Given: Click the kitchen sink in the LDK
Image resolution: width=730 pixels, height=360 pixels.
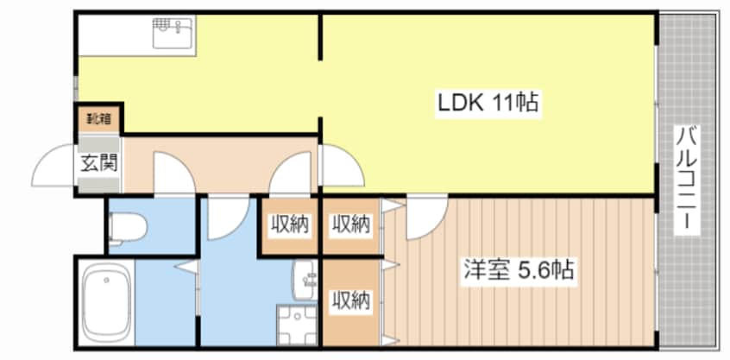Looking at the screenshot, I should coord(173,34).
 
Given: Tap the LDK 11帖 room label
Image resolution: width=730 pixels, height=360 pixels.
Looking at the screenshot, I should coord(488,104).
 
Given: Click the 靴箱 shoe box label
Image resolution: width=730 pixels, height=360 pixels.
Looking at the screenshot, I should coord(96,117).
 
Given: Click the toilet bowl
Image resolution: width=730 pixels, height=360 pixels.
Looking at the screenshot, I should coord(129,227).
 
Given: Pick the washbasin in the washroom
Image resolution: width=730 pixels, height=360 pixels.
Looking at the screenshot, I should coord(305,278).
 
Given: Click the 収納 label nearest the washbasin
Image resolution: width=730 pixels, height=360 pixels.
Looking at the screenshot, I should coord(351,301).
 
